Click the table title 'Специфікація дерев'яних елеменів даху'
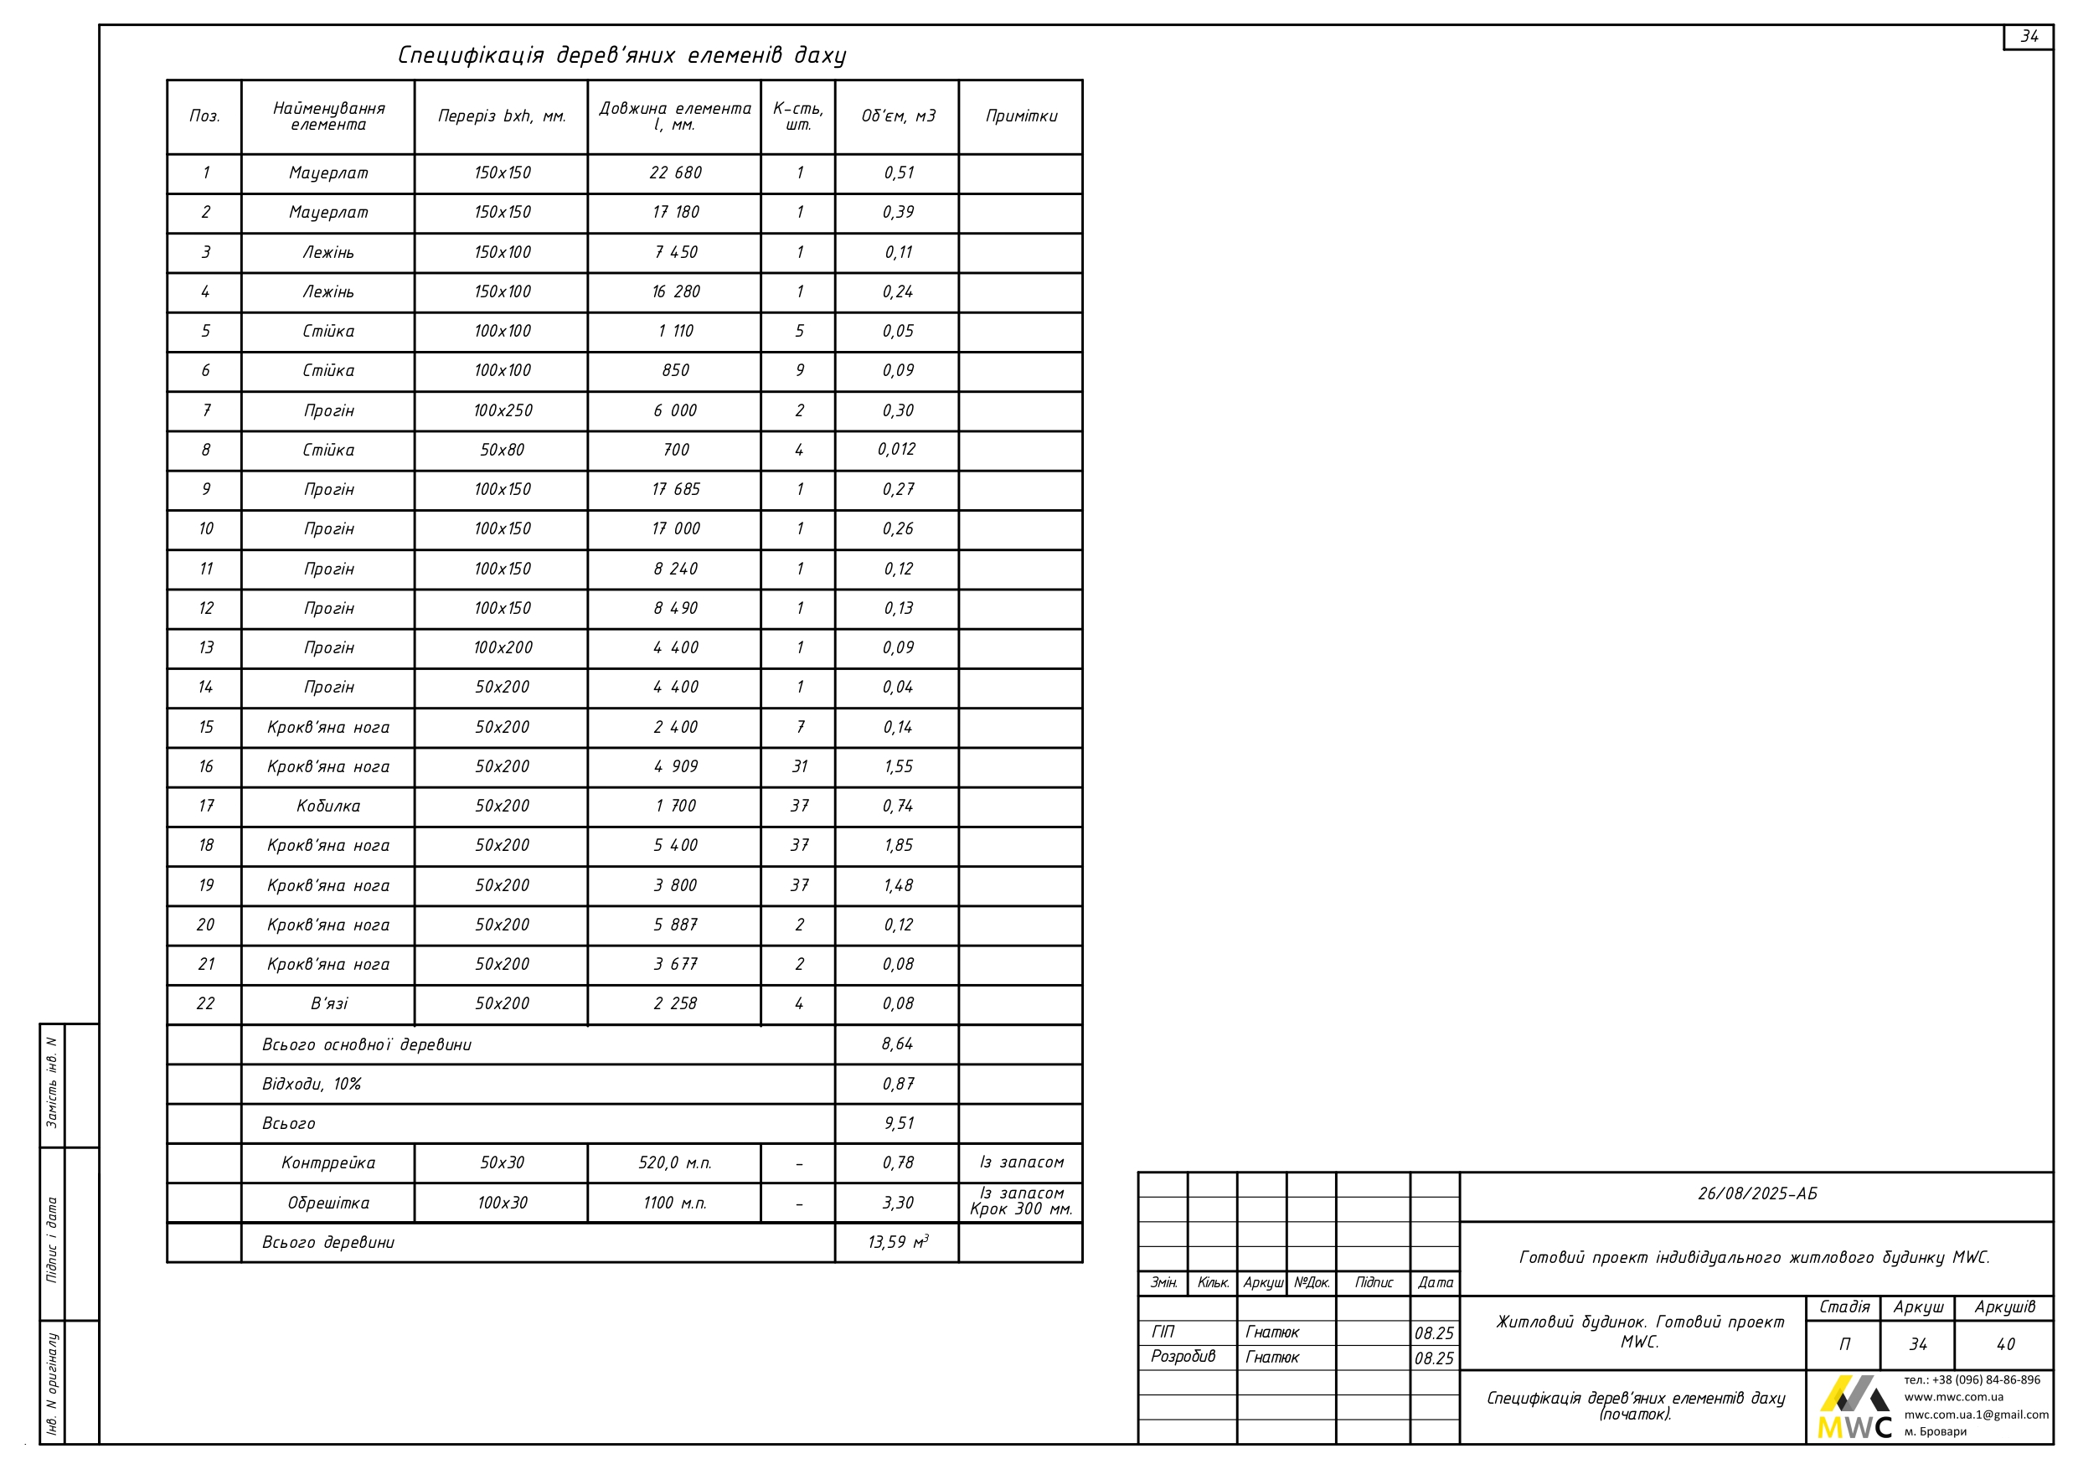click(x=621, y=56)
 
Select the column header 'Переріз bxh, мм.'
click(x=502, y=116)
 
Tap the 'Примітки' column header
click(x=1021, y=116)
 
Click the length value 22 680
click(x=675, y=173)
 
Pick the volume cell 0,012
click(x=897, y=450)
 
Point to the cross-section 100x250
click(x=503, y=411)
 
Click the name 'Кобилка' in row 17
click(x=327, y=807)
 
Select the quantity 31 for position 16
click(x=799, y=766)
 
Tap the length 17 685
click(x=675, y=490)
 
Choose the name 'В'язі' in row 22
click(x=328, y=1004)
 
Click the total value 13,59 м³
click(x=898, y=1243)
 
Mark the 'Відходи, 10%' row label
click(x=312, y=1085)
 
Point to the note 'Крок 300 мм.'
click(x=1021, y=1210)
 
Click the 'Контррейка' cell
click(x=327, y=1163)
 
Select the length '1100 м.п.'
click(x=675, y=1203)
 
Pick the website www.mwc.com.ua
click(x=1953, y=1397)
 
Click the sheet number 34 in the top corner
click(x=2029, y=37)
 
